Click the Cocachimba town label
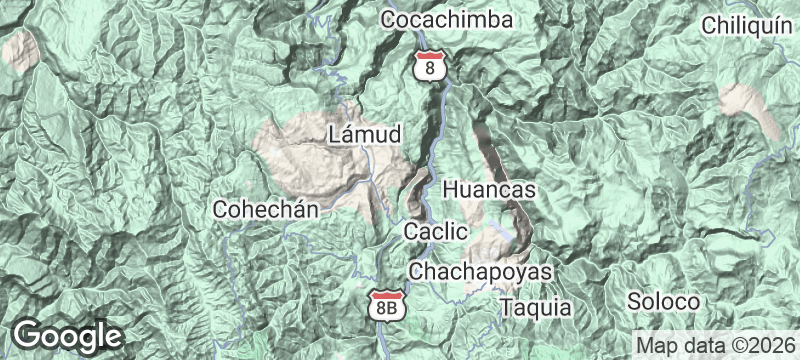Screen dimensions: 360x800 point(447,20)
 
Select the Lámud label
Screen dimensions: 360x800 point(364,134)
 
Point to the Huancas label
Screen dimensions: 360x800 point(489,189)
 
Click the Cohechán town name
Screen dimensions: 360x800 point(265,210)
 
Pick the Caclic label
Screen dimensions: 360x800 point(436,232)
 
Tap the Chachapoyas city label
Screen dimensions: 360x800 point(481,272)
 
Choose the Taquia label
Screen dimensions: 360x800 point(536,307)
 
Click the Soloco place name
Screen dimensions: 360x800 point(662,300)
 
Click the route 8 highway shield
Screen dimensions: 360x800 point(429,65)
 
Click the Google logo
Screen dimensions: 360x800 point(67,335)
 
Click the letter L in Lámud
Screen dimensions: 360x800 point(334,134)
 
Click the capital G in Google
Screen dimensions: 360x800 point(28,334)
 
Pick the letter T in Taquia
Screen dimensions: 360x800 point(507,307)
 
